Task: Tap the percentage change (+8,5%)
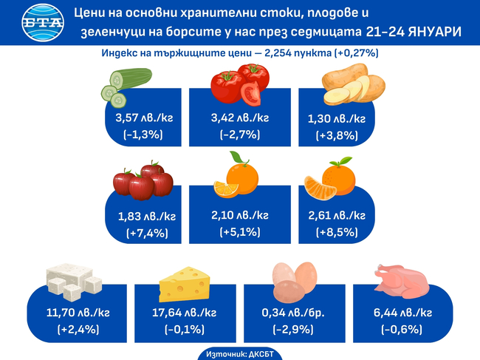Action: (337, 232)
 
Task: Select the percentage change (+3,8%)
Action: (337, 135)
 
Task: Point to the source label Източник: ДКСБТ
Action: (239, 353)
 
